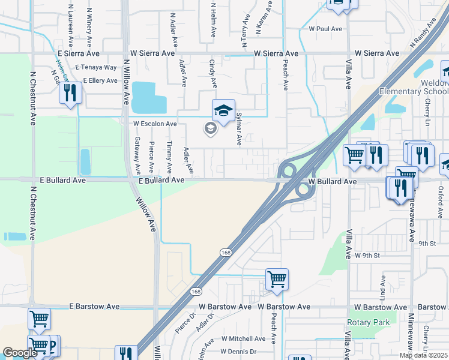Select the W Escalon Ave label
tap(155, 124)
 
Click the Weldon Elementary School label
tap(415, 86)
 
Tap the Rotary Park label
tap(368, 322)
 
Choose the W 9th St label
tap(368, 256)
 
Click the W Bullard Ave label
tap(333, 181)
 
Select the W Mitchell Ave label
tap(243, 338)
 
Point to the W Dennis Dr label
tap(238, 352)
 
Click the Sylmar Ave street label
tap(238, 128)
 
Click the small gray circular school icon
tap(210, 128)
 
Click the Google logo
tap(20, 353)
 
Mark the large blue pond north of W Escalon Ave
tap(148, 97)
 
